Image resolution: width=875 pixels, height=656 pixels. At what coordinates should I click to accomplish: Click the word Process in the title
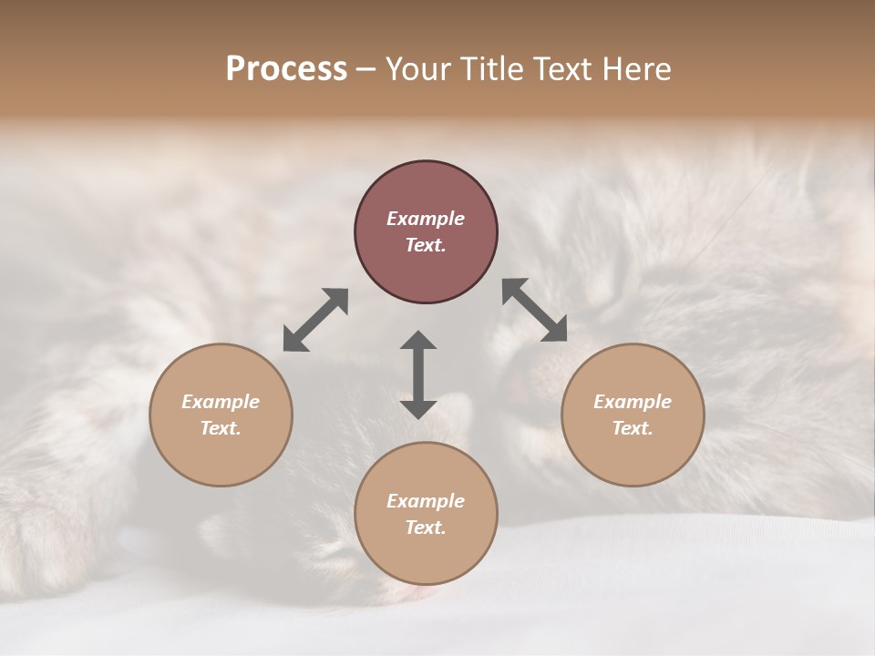pyautogui.click(x=286, y=69)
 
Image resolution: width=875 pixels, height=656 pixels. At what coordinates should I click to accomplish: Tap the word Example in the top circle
pyautogui.click(x=426, y=219)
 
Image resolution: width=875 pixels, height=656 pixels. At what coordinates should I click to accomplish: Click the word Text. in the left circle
pyautogui.click(x=221, y=428)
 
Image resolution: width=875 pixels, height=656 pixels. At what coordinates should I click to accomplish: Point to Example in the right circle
pyautogui.click(x=633, y=402)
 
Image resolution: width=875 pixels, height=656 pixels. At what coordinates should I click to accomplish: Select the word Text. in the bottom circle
pyautogui.click(x=426, y=528)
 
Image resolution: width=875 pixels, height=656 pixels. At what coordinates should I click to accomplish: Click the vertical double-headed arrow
pyautogui.click(x=418, y=374)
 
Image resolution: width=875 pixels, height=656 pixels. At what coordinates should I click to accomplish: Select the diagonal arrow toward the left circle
pyautogui.click(x=315, y=320)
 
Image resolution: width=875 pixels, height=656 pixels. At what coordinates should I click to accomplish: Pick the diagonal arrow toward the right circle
pyautogui.click(x=535, y=310)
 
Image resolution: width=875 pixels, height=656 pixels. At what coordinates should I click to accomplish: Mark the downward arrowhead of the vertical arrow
pyautogui.click(x=418, y=409)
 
